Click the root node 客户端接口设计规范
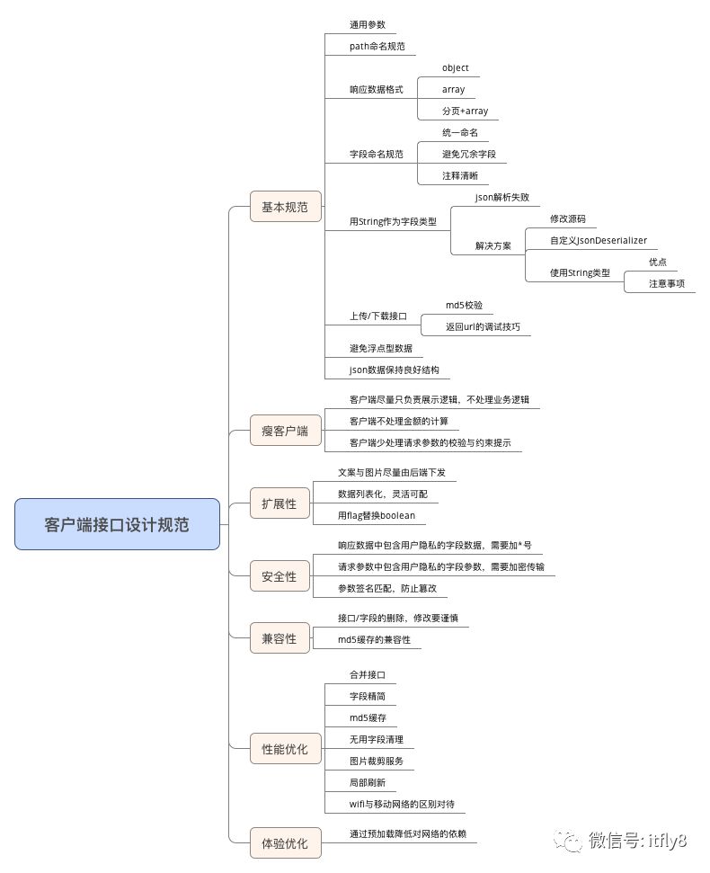point(117,524)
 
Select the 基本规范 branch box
point(285,207)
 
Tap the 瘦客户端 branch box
point(285,431)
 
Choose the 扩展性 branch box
point(279,503)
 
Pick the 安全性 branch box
point(279,576)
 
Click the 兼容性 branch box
point(279,638)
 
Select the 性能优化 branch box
point(285,748)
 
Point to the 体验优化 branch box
point(285,843)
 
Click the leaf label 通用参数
point(367,24)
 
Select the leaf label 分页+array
point(465,111)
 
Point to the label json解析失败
point(501,197)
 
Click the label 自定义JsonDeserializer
point(598,241)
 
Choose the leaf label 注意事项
point(667,283)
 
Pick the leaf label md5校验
point(470,306)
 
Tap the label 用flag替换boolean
point(376,516)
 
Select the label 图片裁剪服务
point(377,761)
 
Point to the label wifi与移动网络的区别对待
point(407,804)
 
